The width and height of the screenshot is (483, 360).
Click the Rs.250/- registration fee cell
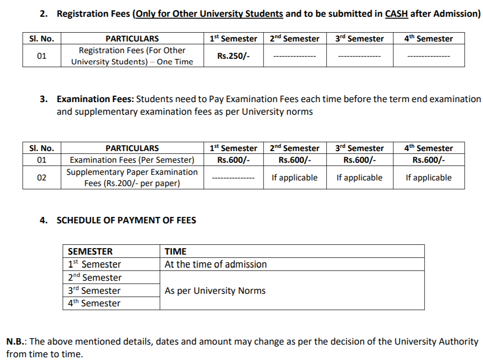(x=233, y=56)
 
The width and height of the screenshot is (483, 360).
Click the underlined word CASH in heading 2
(x=396, y=14)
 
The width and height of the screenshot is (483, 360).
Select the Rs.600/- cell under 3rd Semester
(x=359, y=160)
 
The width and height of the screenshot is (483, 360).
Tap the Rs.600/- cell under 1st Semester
(x=233, y=160)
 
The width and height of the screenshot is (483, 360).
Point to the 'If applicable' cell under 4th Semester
(x=428, y=178)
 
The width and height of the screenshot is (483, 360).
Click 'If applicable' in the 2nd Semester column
(x=294, y=178)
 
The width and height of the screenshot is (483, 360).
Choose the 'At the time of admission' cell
(x=216, y=264)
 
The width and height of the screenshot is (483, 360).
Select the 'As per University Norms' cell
(x=215, y=291)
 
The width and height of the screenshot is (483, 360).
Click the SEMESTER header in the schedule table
(x=90, y=251)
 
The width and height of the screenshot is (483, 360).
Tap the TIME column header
(x=175, y=251)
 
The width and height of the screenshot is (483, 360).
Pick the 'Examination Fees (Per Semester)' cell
(x=132, y=160)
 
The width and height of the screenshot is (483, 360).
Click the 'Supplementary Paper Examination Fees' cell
(x=132, y=178)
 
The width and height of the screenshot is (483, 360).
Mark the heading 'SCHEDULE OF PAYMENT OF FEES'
(x=126, y=221)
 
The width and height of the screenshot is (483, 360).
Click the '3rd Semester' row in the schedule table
(x=94, y=291)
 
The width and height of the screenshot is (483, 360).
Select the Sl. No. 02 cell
(x=42, y=178)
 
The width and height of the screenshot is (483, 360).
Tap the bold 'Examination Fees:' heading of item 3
(x=95, y=99)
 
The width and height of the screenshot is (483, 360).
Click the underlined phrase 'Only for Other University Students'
(x=209, y=14)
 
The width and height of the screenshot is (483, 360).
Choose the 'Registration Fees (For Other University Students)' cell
(x=132, y=56)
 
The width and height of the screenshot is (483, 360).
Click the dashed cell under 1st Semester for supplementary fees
(x=233, y=178)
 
